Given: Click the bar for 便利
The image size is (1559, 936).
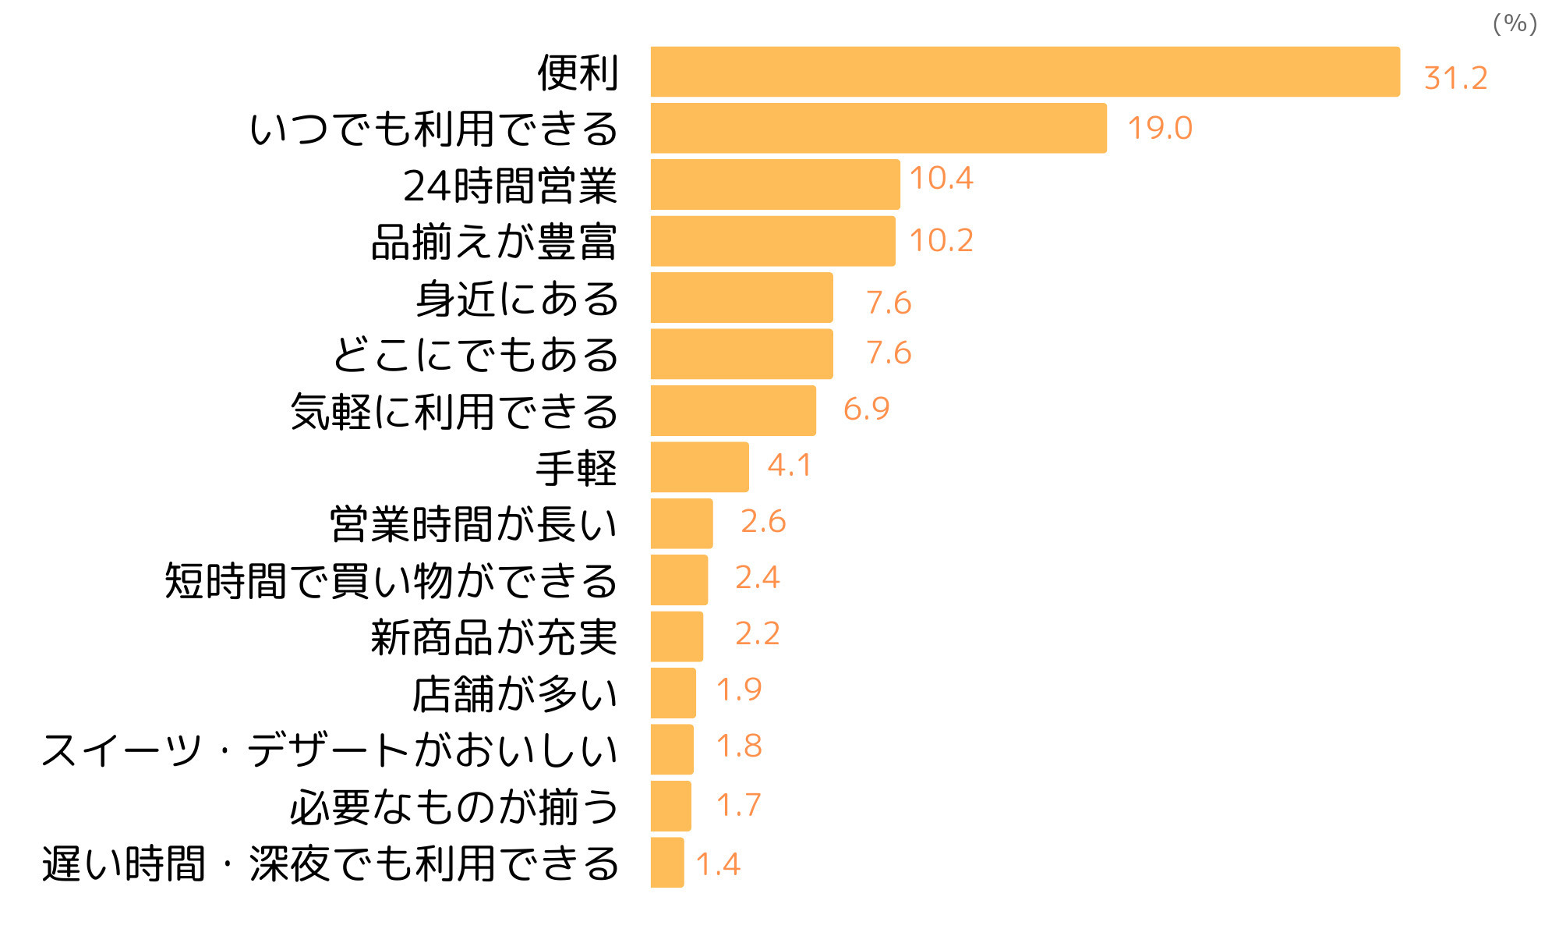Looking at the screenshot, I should pyautogui.click(x=1025, y=72).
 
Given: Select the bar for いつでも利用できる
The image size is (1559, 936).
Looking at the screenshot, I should pyautogui.click(x=878, y=128).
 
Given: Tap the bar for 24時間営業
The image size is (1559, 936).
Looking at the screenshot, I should pyautogui.click(x=775, y=185).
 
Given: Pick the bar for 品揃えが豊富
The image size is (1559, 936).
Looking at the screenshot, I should pyautogui.click(x=772, y=241).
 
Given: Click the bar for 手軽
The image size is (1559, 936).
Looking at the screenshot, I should pyautogui.click(x=699, y=467).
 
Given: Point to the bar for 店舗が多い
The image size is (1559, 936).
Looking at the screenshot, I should pyautogui.click(x=673, y=693).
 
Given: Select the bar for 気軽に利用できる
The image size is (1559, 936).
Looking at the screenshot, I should pyautogui.click(x=733, y=410).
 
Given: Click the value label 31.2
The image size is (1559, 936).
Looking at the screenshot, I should pyautogui.click(x=1455, y=78).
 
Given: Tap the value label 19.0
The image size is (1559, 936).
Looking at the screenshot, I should pyautogui.click(x=1160, y=128).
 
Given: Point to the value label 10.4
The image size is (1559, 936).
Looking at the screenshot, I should pyautogui.click(x=941, y=179).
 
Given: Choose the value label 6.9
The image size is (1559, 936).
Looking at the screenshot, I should pyautogui.click(x=866, y=409).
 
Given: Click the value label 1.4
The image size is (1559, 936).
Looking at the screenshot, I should pyautogui.click(x=717, y=864).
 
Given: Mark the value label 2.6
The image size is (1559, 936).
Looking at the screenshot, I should pyautogui.click(x=763, y=522).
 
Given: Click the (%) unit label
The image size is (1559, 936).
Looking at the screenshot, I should pyautogui.click(x=1515, y=23).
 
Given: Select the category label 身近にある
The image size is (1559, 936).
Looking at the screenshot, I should pyautogui.click(x=517, y=299).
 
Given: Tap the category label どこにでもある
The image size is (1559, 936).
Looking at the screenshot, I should pyautogui.click(x=475, y=355).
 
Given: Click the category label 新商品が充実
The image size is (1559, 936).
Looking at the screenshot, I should pyautogui.click(x=493, y=637).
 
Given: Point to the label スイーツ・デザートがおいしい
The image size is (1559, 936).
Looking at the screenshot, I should pyautogui.click(x=329, y=750).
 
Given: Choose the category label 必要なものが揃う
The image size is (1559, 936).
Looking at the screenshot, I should pyautogui.click(x=454, y=807).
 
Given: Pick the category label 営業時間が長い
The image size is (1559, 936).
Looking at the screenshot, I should pyautogui.click(x=473, y=524).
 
